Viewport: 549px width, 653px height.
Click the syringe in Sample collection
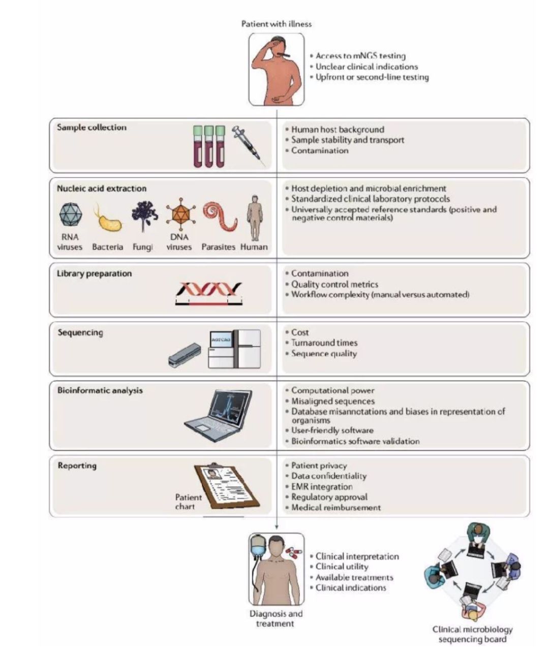coord(249,146)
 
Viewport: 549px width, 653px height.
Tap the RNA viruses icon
coord(71,214)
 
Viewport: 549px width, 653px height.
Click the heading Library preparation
coord(94,273)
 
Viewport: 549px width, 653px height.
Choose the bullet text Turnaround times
coord(324,343)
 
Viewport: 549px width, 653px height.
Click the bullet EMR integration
coord(322,487)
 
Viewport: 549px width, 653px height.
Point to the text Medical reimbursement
coord(336,508)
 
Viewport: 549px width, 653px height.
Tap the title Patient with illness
coord(277,24)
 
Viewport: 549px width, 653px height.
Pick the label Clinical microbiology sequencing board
coord(472,634)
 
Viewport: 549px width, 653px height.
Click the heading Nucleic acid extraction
coord(102,189)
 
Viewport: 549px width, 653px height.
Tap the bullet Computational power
coord(333,391)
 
